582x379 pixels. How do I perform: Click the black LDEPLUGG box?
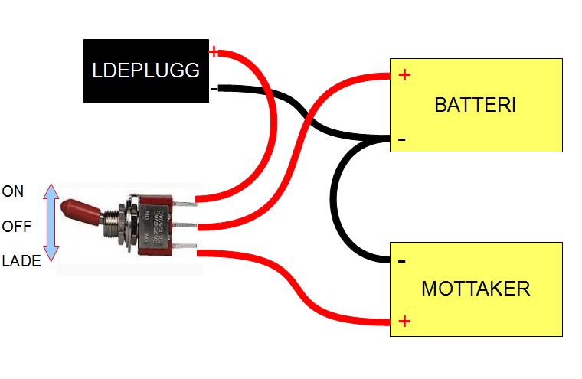[x=145, y=70]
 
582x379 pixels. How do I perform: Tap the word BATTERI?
[x=475, y=106]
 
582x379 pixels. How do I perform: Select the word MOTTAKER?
[x=475, y=289]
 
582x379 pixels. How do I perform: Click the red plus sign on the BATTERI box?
[x=405, y=75]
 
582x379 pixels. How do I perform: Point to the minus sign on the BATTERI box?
[x=402, y=140]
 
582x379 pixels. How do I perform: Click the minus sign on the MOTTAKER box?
[x=402, y=261]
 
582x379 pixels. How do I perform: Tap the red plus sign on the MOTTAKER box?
[x=405, y=321]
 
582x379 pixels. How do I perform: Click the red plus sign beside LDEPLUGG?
[x=214, y=52]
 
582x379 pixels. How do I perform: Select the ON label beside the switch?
[x=13, y=192]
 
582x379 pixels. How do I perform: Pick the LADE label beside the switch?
[x=18, y=261]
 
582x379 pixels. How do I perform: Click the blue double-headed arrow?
[x=51, y=223]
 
